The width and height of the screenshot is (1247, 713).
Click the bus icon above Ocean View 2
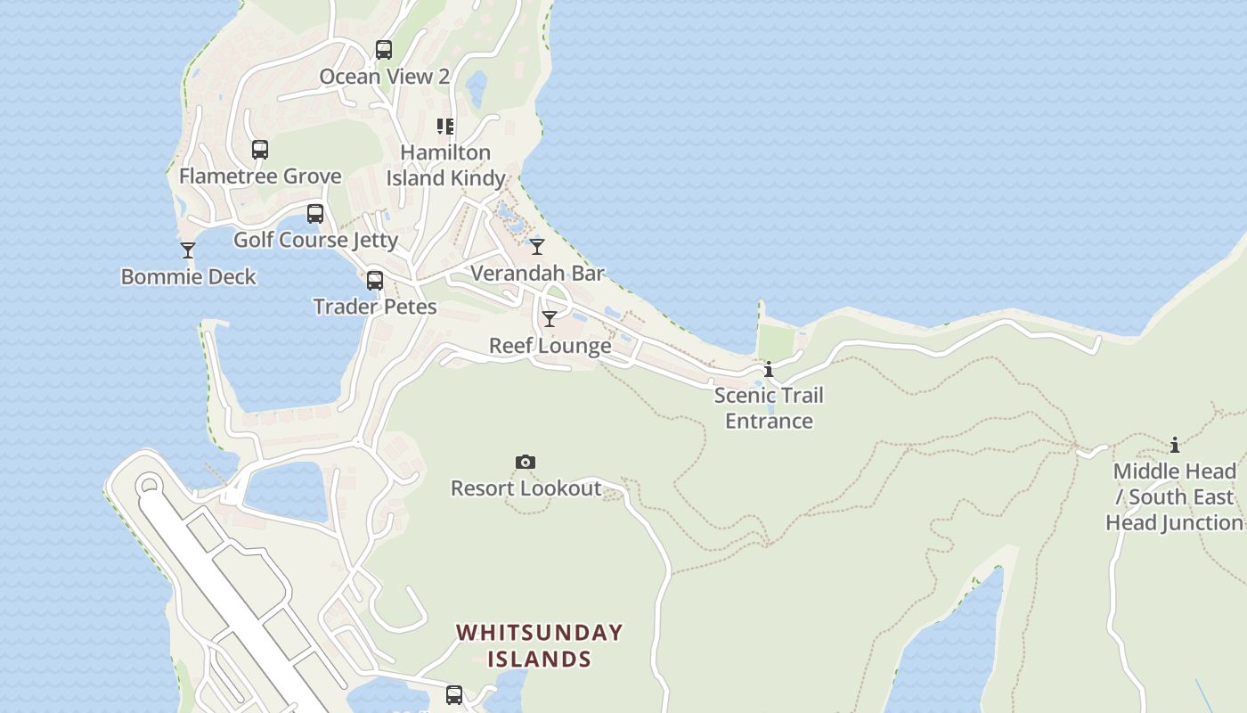point(384,50)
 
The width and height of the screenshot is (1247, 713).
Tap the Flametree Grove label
point(260,176)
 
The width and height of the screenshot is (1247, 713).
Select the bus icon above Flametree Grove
point(260,150)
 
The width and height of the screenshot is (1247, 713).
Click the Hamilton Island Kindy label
point(445,165)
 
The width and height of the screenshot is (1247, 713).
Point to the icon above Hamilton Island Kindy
point(445,127)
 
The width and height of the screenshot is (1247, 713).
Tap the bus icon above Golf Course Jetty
point(315,214)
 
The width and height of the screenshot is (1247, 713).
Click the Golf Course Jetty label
point(315,240)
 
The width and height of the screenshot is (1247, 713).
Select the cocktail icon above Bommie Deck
point(188,250)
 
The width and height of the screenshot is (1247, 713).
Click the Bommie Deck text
point(188,276)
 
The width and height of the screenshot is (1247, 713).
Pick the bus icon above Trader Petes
point(375,281)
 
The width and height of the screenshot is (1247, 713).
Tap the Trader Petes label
point(375,307)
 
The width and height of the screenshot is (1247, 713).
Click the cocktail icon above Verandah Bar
point(537,247)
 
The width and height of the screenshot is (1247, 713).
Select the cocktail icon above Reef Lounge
point(550,319)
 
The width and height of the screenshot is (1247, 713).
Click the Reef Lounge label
point(550,345)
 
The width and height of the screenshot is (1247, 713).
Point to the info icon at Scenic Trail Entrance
point(769,369)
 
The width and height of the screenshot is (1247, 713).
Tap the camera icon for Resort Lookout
point(526,462)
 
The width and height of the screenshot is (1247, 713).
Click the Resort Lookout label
point(526,488)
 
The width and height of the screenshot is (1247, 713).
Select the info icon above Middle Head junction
point(1175,445)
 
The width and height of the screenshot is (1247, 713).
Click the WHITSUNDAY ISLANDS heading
point(539,645)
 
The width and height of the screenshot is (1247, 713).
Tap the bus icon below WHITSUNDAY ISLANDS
point(454,695)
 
